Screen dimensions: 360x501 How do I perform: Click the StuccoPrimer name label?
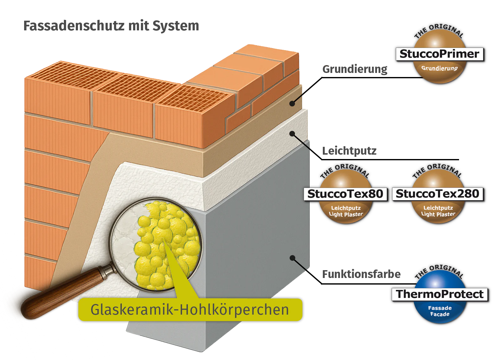click(439, 54)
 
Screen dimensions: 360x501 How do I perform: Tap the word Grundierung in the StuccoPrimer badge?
click(439, 68)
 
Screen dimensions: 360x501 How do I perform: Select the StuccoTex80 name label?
click(345, 194)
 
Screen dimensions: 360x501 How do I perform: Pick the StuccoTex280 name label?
click(437, 194)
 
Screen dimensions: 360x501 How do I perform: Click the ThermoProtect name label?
click(440, 294)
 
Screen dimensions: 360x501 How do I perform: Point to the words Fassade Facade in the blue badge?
click(440, 311)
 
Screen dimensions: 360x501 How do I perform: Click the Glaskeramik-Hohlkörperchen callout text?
click(190, 310)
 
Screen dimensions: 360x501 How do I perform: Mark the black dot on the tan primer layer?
click(292, 103)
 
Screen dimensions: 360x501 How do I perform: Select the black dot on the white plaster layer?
click(292, 134)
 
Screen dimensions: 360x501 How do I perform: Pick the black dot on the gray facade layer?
click(292, 258)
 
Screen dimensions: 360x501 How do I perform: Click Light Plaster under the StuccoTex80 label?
click(346, 214)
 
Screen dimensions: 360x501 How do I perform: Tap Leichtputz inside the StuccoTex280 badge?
click(438, 208)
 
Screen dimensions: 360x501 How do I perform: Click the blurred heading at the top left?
click(111, 27)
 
